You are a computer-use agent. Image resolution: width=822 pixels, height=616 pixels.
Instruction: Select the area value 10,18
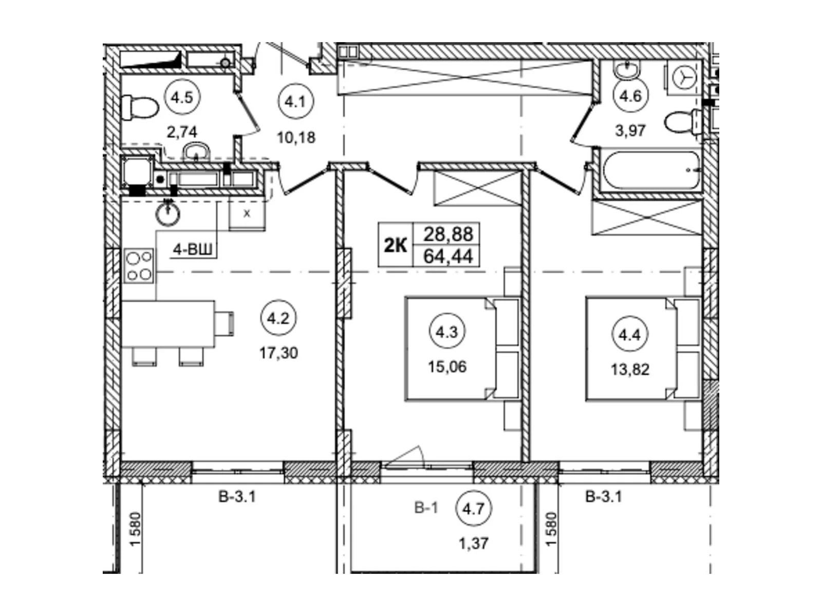coord(296,138)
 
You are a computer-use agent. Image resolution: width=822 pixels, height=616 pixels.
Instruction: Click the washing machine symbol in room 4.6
coord(684,77)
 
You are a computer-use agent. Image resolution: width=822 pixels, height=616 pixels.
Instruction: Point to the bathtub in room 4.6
coord(651,170)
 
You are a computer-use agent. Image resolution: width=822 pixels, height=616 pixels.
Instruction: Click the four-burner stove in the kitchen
coord(139,265)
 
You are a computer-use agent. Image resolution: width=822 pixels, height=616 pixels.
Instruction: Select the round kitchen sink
coord(168,214)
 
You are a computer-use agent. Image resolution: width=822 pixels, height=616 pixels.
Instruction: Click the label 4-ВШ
coord(193,249)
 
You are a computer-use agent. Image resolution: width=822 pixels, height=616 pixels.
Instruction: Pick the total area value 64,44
coord(448,257)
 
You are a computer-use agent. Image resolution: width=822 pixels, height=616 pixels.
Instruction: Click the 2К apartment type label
coord(396,246)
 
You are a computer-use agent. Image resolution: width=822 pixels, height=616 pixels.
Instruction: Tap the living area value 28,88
coord(448,234)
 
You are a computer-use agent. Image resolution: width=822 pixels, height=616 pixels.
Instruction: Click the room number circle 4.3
coord(447,332)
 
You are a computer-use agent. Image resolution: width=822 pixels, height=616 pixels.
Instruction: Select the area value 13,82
coord(630,370)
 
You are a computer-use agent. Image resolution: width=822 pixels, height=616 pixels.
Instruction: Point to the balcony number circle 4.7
coord(474,508)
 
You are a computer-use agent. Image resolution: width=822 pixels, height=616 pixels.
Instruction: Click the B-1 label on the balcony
coord(426,508)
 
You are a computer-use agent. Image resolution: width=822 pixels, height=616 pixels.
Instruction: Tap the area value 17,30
coord(278,353)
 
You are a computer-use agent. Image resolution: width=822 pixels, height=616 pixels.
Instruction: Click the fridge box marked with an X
coord(247,214)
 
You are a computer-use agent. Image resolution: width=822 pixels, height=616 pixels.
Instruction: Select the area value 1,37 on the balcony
coord(474,544)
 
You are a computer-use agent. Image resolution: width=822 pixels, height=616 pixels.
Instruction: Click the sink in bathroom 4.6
coord(626,70)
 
